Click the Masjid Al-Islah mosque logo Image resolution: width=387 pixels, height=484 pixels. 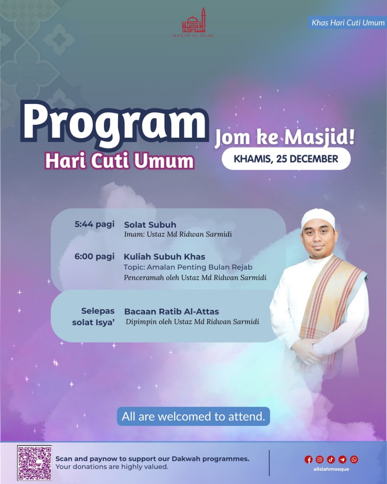coord(193,23)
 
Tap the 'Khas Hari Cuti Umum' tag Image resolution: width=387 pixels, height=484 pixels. coord(348,23)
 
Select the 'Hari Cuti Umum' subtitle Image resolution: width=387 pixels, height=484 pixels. coord(119,161)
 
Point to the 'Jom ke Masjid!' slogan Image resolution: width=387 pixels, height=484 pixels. coord(285,137)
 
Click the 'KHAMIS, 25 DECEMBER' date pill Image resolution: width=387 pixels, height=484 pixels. coord(286,159)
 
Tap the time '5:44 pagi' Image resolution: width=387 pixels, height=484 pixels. coord(94,224)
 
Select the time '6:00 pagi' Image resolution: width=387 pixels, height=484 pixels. coord(94,256)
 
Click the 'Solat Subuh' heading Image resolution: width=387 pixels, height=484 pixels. coord(150,225)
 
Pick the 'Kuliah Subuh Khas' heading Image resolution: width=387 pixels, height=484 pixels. coord(164,257)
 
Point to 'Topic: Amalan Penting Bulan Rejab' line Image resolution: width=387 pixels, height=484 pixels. coord(188,267)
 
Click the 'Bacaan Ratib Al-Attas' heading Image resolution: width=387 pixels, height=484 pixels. coord(172,312)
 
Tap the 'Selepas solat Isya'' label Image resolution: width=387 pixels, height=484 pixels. coord(93,316)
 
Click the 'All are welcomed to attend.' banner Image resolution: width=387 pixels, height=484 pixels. coord(193,416)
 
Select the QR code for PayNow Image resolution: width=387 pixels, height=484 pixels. coord(34,463)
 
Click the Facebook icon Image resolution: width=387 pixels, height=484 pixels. coord(308,459)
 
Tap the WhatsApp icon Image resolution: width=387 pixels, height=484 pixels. coord(354,459)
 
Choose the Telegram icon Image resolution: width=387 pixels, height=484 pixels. coord(342,459)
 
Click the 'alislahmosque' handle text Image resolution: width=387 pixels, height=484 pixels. coord(331,469)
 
